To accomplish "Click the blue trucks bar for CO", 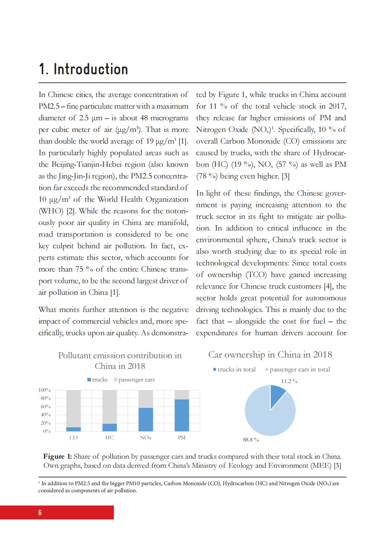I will pos(73,429).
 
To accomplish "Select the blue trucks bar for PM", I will pos(181,415).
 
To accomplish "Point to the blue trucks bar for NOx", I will pos(146,420).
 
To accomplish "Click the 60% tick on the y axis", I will pos(46,407).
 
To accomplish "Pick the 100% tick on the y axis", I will pos(44,390).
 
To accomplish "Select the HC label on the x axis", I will pos(109,438).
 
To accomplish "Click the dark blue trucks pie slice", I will pos(277,395).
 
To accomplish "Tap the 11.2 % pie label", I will pos(289,381).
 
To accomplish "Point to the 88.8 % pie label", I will pos(251,440).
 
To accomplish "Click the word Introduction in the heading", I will pos(91,69).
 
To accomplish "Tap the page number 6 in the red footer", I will pos(40,513).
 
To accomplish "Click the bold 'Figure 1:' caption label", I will pos(58,456).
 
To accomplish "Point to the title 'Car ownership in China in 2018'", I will pos(270,355).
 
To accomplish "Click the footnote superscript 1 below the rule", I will pos(39,482).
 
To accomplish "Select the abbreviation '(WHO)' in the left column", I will pos(51,211).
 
